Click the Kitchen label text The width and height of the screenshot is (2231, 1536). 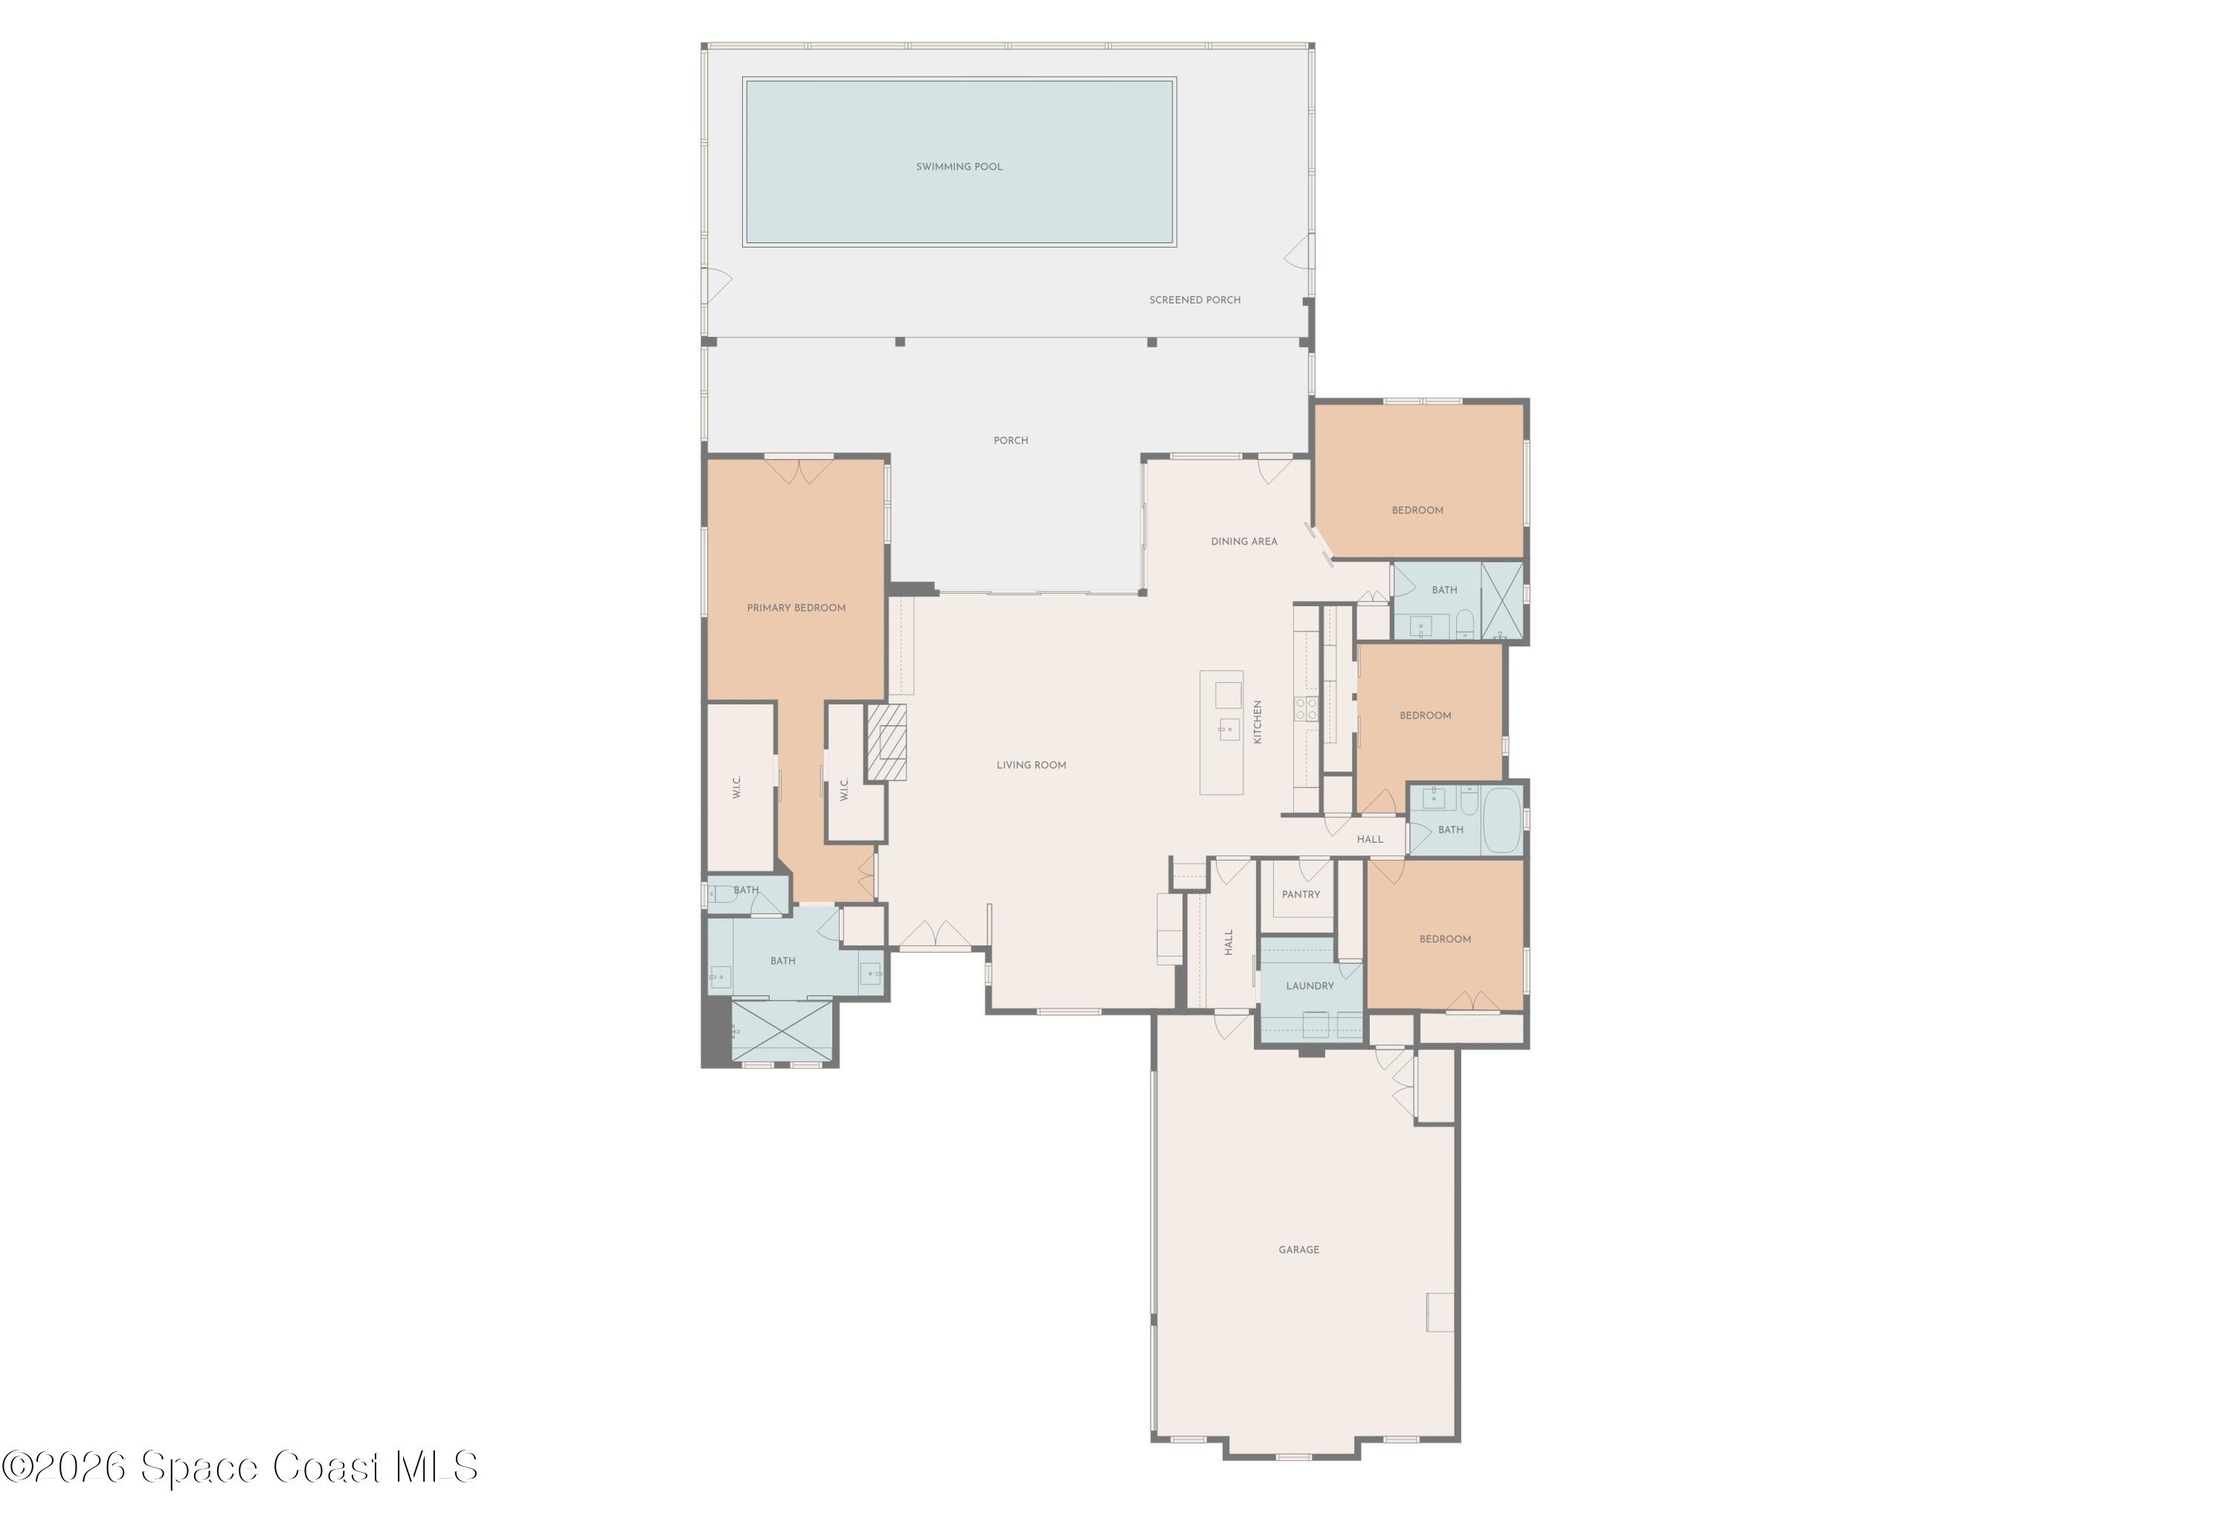[x=1257, y=722]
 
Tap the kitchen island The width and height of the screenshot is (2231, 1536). [x=1221, y=733]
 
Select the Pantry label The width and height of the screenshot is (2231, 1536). [x=1300, y=895]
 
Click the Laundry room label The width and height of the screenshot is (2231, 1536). [x=1310, y=986]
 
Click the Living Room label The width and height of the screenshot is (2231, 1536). [x=1031, y=766]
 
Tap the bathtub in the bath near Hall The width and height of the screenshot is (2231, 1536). [x=1501, y=820]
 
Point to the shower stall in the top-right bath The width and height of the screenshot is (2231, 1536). [x=1501, y=602]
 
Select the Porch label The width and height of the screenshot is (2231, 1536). [x=1010, y=441]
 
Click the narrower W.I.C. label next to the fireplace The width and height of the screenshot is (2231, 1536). [x=844, y=789]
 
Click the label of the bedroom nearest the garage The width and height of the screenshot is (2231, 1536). [x=1444, y=939]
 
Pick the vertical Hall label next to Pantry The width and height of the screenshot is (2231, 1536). [x=1229, y=942]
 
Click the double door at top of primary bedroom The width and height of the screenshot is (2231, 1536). [x=799, y=472]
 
